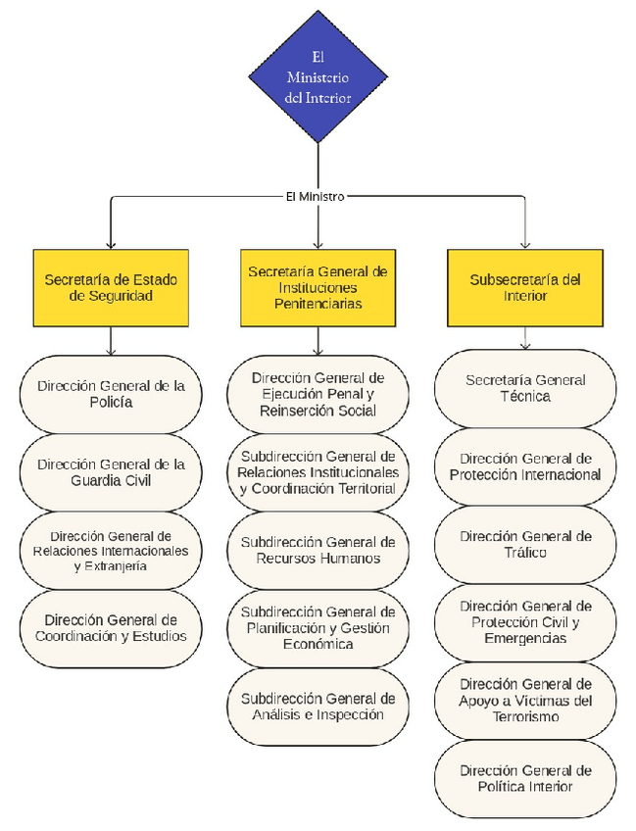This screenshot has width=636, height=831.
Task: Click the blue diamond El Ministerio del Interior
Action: pos(318,76)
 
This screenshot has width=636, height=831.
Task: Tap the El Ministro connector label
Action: pos(315,196)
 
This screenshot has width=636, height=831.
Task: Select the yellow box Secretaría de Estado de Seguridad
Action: pos(111,287)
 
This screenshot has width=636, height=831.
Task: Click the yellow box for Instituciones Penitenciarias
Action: pos(318,287)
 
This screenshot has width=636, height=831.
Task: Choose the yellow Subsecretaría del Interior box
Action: pos(525,287)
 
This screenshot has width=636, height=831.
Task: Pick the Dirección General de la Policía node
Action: pos(111,394)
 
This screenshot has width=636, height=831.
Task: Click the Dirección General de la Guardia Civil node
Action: pos(111,472)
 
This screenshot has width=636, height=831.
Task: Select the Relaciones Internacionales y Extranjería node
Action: pos(111,551)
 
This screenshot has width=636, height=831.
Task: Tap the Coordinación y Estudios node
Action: pos(111,628)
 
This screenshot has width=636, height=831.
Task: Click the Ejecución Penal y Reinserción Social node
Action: pos(318,394)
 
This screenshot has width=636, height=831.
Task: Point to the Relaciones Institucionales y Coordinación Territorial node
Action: pos(318,472)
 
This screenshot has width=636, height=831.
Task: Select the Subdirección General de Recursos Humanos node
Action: pos(318,551)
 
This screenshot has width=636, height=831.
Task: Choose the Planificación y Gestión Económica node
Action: pos(318,628)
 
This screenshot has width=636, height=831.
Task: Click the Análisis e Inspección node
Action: pos(318,707)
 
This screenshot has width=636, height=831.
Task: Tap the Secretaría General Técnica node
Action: pos(525,388)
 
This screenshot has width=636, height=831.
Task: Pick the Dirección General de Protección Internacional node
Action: pos(525,466)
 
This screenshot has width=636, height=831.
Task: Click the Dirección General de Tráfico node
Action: pos(525,545)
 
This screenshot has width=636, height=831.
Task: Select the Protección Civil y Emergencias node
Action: pos(525,622)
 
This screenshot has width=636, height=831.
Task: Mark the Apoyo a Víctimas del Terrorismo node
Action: pos(525,701)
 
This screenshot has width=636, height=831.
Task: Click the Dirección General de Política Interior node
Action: pos(525,779)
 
